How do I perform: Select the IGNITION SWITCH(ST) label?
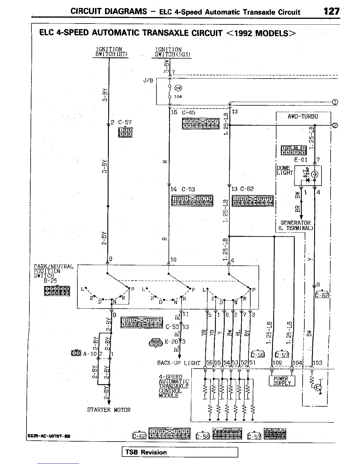109,52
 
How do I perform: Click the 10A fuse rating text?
178,97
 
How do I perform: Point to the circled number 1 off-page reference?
335,102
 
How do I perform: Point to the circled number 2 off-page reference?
335,125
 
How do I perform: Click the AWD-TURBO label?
303,116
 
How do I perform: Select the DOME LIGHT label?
284,170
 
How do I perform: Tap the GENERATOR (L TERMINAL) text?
295,225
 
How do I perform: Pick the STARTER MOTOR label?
109,410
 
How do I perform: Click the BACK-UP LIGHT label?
179,363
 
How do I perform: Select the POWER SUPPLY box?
282,381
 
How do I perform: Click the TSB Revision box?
180,452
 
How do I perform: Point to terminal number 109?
277,363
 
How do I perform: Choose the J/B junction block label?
148,81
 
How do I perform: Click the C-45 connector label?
188,112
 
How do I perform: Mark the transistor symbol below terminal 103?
318,388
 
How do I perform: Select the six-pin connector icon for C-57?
125,132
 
